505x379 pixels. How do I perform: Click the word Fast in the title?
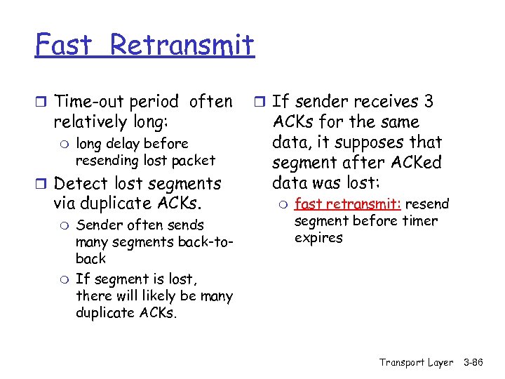[x=64, y=46]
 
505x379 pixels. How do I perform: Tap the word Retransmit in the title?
[x=182, y=46]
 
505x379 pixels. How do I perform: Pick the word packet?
[x=194, y=160]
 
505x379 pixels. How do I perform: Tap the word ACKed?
[x=418, y=163]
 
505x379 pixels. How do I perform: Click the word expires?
[x=318, y=238]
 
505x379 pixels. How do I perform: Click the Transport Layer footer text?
[x=416, y=362]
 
